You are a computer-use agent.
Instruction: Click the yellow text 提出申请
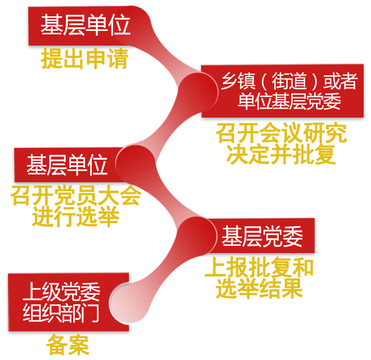click(x=84, y=58)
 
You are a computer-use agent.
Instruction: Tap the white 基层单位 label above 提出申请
click(x=85, y=26)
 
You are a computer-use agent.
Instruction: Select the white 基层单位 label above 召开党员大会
click(x=67, y=165)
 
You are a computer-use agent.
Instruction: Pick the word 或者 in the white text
click(x=339, y=83)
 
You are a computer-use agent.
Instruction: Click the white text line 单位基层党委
click(x=289, y=102)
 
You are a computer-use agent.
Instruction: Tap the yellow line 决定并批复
click(x=281, y=154)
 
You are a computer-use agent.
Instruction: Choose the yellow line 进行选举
click(x=75, y=217)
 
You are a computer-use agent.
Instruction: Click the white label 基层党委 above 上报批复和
click(x=262, y=236)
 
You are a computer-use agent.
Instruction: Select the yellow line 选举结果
click(x=259, y=288)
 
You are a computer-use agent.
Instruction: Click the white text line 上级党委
click(x=61, y=292)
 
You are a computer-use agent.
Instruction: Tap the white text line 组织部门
click(x=61, y=313)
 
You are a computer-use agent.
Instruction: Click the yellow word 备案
click(x=68, y=345)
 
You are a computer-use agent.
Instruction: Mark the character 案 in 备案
click(x=79, y=345)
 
